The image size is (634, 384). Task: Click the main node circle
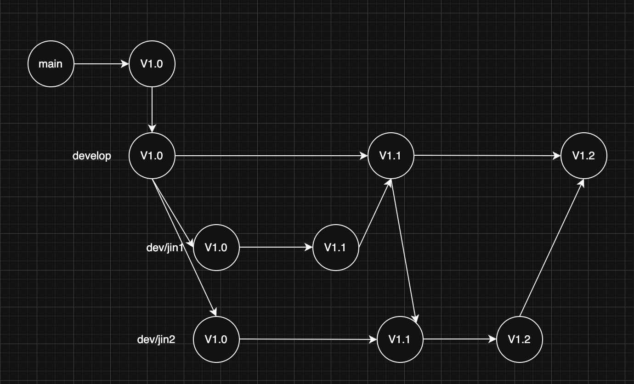tap(51, 64)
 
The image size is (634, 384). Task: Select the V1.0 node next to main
tap(152, 64)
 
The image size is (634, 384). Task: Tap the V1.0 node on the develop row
tap(152, 156)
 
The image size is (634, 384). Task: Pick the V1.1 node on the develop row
tap(391, 156)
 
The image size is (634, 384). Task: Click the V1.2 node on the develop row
tap(583, 156)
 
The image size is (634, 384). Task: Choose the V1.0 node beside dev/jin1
tap(216, 248)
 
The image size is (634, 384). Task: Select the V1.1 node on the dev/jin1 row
tap(335, 248)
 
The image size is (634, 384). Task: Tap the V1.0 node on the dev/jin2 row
tap(216, 339)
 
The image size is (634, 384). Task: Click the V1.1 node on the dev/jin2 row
tap(400, 339)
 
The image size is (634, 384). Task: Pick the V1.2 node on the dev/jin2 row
tap(519, 339)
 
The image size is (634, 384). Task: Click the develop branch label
tap(92, 156)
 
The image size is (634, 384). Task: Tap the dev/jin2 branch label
tap(156, 339)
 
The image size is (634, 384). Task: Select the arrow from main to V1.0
tap(101, 64)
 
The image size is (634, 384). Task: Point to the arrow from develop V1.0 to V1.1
tap(271, 156)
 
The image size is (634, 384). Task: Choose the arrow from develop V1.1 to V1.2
tap(487, 156)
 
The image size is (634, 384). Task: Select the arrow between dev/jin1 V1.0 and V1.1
tap(276, 248)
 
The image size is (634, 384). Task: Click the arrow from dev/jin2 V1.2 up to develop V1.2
tap(551, 248)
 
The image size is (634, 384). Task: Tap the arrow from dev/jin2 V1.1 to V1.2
tap(459, 339)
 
